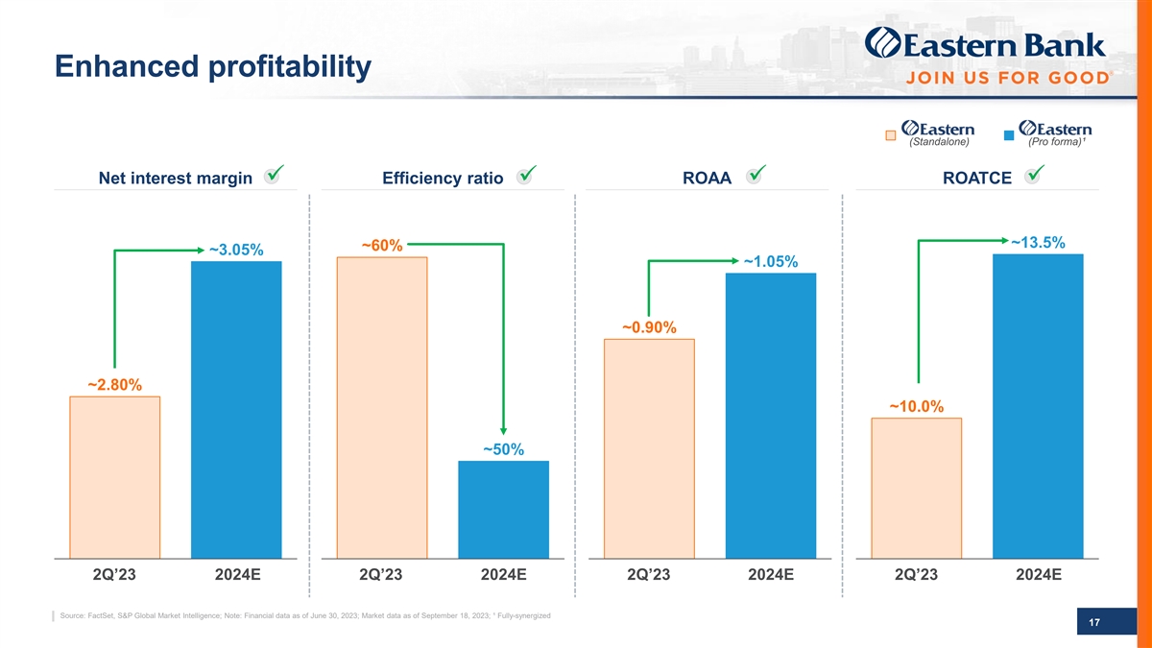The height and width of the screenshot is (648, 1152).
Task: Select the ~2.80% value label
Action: pyautogui.click(x=114, y=385)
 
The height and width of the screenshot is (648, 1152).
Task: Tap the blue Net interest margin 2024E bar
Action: pyautogui.click(x=236, y=409)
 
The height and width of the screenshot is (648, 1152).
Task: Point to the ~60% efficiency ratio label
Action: pyautogui.click(x=381, y=246)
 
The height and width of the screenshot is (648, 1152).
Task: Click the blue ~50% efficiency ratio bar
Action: pyautogui.click(x=503, y=509)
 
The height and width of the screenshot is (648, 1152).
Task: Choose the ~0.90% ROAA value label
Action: pyautogui.click(x=649, y=328)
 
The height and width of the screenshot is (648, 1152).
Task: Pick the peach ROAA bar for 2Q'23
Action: pyautogui.click(x=649, y=447)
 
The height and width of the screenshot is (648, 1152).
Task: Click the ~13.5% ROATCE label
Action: pyautogui.click(x=1038, y=242)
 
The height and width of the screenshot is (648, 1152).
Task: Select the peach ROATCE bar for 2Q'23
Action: pyautogui.click(x=916, y=487)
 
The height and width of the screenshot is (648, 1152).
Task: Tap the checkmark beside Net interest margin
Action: pyautogui.click(x=274, y=174)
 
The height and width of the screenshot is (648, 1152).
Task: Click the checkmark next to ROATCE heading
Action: pyautogui.click(x=1035, y=174)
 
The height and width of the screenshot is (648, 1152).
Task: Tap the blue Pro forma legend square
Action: pyautogui.click(x=1008, y=135)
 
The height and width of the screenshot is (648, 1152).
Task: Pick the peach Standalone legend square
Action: pyautogui.click(x=891, y=135)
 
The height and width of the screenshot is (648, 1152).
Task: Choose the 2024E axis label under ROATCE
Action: pyautogui.click(x=1037, y=575)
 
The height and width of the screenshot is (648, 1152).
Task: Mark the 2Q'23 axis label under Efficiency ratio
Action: pyautogui.click(x=381, y=575)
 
